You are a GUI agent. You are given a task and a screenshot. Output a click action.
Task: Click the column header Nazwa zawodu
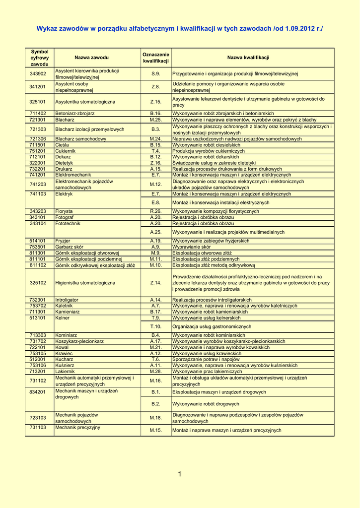pos(91,58)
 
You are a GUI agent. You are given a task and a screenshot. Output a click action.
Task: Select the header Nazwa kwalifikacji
pos(248,58)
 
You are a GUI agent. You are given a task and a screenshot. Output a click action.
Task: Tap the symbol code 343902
pos(38,74)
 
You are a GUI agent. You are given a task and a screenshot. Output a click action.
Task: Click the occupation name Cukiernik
pos(66,151)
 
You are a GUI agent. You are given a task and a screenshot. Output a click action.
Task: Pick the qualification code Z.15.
pos(156,102)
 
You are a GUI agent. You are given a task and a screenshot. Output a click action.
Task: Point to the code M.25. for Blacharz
pos(156,120)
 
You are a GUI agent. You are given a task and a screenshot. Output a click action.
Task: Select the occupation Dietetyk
pos(64,163)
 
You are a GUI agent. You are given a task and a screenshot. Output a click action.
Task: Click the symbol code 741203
pos(38,184)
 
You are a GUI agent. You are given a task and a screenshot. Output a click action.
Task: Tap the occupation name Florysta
pos(64,211)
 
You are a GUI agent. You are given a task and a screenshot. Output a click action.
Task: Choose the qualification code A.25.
pos(156,232)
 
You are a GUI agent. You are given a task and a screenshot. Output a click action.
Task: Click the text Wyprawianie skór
pos(191,247)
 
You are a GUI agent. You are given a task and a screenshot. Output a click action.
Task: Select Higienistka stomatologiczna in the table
pos(85,283)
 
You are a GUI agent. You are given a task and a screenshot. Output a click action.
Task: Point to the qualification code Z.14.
pos(156,283)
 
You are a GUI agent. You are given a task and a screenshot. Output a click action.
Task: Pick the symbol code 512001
pos(38,359)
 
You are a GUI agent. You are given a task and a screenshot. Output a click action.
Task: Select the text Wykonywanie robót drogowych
pos(206,404)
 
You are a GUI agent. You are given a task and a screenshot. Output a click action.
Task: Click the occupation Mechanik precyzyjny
pos(77,427)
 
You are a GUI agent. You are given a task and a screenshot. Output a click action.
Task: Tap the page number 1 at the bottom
pos(179,475)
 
